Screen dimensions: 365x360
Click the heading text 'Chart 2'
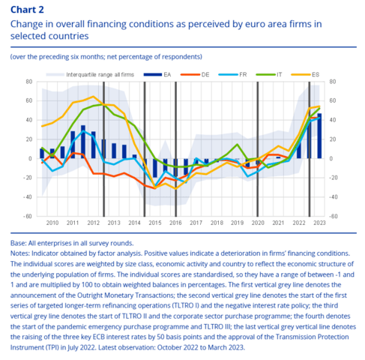click(27, 10)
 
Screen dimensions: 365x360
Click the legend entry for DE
click(195, 74)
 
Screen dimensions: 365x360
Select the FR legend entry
click(232, 74)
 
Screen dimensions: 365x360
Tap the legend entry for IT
click(269, 74)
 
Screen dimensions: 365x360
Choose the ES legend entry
click(305, 74)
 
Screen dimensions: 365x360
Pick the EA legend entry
click(157, 74)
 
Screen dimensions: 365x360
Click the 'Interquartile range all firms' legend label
click(100, 74)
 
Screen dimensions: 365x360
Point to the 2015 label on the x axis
click(155, 223)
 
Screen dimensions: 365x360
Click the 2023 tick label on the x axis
click(319, 223)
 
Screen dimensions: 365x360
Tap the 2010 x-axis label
click(52, 223)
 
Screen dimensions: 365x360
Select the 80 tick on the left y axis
click(29, 82)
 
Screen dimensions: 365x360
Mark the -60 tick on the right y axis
click(333, 216)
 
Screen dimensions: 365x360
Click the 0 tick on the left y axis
click(31, 158)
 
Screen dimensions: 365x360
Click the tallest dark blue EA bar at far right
click(319, 136)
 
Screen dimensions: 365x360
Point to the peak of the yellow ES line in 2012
click(93, 96)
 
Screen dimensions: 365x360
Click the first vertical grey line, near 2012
click(103, 149)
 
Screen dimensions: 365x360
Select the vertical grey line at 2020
click(258, 149)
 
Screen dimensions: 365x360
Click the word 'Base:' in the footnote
click(19, 243)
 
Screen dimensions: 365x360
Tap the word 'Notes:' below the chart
click(20, 253)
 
